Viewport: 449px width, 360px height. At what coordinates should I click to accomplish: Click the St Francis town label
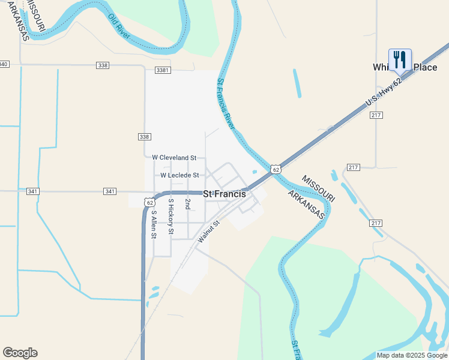tap(224, 194)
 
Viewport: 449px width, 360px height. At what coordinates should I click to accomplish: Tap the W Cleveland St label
tap(174, 157)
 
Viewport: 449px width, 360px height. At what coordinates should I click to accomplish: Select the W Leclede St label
tap(179, 175)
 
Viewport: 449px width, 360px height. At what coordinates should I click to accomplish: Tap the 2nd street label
tap(187, 204)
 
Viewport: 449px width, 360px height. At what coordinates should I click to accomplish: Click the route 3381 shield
tap(163, 70)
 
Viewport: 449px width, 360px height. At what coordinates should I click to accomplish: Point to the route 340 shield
tap(4, 64)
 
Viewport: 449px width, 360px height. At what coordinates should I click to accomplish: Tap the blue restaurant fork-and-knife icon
tap(400, 60)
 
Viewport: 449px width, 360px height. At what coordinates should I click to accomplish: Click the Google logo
tap(20, 353)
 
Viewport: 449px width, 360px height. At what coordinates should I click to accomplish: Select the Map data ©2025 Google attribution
tap(412, 355)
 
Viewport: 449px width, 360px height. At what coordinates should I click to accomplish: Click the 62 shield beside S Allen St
tap(149, 202)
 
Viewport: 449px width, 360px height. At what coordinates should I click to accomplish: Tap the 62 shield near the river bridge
tap(276, 170)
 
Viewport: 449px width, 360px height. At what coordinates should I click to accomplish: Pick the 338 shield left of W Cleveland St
tap(144, 137)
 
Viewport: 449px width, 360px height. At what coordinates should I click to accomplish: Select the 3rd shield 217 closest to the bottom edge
tap(376, 223)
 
